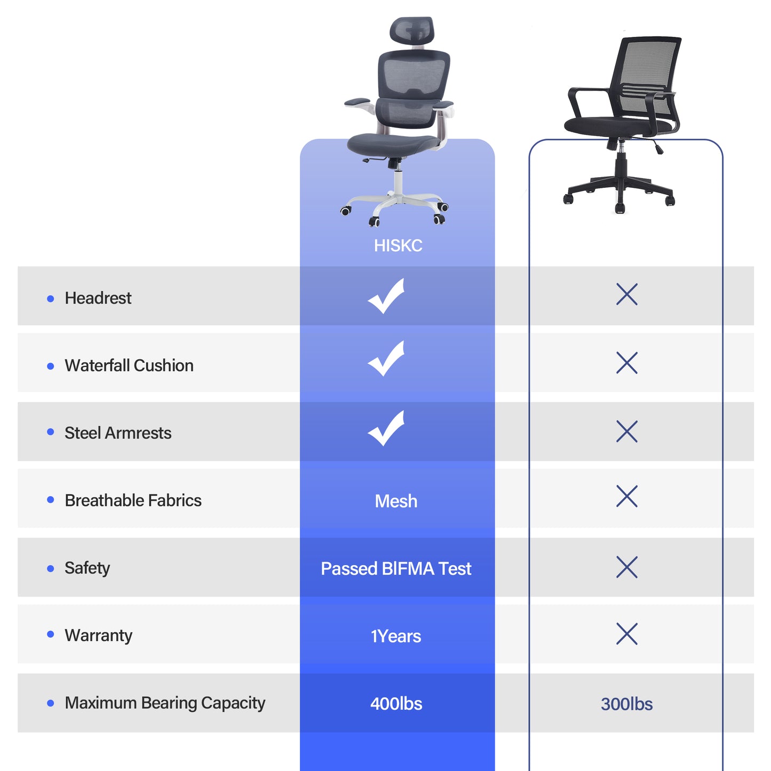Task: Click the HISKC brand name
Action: click(x=398, y=245)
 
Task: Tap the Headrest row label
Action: click(x=98, y=298)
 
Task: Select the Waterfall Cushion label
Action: click(x=129, y=365)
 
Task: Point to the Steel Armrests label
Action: click(x=118, y=433)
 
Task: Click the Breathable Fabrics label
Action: click(x=133, y=500)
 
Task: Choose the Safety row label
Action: click(x=87, y=568)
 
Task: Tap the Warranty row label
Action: click(x=98, y=635)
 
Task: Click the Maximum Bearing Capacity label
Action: click(x=164, y=703)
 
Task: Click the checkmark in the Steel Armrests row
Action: click(x=386, y=428)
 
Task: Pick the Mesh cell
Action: click(x=396, y=501)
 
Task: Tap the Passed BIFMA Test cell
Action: click(x=396, y=569)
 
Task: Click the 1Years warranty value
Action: click(x=396, y=636)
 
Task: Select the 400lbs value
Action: click(x=396, y=704)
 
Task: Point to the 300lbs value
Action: click(x=626, y=704)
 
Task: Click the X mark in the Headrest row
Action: click(x=627, y=294)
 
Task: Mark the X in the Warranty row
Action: click(x=627, y=634)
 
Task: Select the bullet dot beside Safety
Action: click(x=51, y=569)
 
